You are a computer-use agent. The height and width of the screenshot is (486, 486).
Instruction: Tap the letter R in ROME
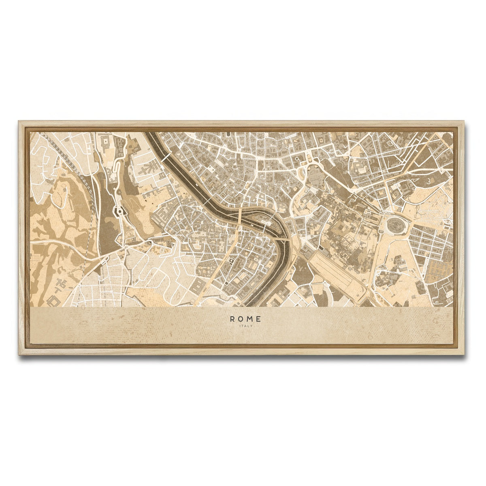tap(232, 319)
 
